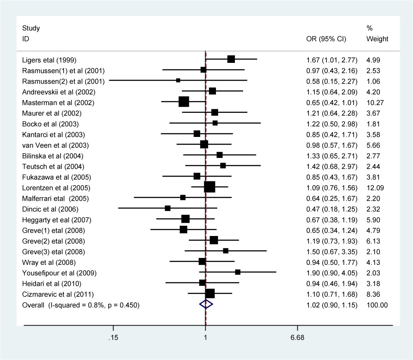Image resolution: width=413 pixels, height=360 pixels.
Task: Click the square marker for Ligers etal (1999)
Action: tap(231, 59)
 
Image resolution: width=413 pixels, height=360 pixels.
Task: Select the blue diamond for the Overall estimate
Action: tap(206, 304)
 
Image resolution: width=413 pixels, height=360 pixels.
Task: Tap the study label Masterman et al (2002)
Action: tap(58, 102)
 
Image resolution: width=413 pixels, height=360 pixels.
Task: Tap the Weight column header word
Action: tap(377, 39)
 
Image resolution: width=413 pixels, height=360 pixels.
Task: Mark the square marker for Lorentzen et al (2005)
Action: tap(210, 187)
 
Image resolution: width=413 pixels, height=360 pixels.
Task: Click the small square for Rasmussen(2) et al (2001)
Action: tap(178, 81)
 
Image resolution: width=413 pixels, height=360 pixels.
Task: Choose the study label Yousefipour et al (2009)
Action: tap(59, 273)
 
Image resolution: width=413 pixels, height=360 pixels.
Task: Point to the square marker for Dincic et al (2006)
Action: tap(168, 208)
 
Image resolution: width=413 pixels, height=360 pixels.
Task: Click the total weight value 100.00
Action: tap(377, 305)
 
